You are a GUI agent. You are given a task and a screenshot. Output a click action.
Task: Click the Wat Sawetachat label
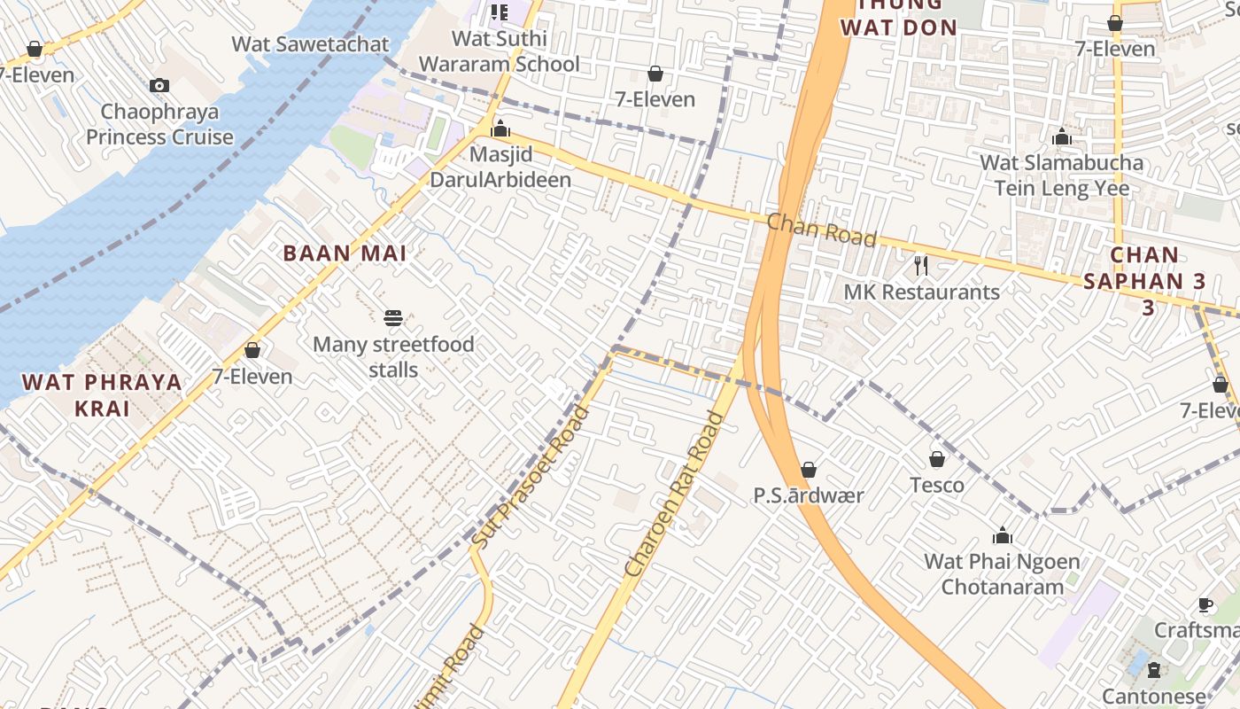point(310,43)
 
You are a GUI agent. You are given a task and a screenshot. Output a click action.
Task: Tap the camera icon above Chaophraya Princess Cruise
point(159,85)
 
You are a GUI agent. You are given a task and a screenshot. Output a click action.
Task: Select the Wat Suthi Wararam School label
point(500,51)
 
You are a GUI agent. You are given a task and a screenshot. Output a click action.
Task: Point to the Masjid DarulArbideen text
point(500,167)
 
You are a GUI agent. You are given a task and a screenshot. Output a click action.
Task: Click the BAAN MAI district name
point(345,253)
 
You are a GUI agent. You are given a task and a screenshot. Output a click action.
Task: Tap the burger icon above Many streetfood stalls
point(393,318)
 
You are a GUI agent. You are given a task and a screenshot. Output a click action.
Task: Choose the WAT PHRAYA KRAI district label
point(102,395)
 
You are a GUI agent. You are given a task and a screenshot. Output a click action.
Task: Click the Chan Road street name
point(822,230)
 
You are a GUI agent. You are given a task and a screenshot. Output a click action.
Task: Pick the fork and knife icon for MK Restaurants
point(921,265)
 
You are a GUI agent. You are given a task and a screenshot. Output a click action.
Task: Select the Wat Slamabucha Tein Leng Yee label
point(1061,175)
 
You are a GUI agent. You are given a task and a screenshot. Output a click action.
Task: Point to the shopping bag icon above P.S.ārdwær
point(808,470)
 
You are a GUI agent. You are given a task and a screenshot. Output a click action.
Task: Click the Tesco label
point(937,485)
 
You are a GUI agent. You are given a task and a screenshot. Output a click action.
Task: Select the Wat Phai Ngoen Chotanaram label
point(1002,573)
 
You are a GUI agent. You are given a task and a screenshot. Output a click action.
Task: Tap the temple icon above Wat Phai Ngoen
point(1003,535)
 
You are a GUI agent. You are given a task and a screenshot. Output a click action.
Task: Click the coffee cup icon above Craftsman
point(1205,604)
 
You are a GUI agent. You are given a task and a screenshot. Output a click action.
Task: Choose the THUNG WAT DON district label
point(898,18)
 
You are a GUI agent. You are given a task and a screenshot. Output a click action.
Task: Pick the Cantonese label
point(1153,696)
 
